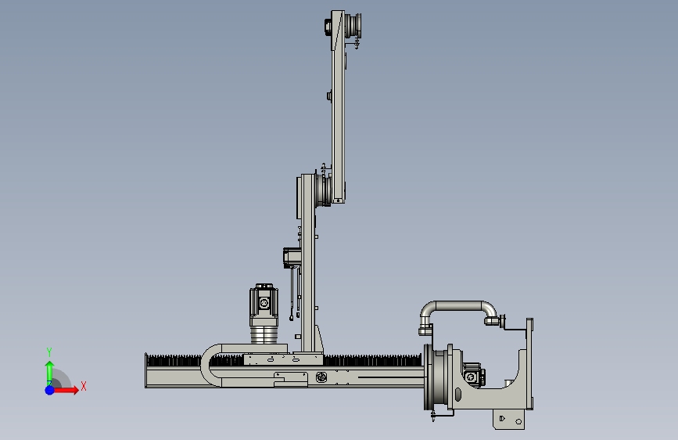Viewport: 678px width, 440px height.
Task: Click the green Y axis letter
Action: pyautogui.click(x=49, y=352)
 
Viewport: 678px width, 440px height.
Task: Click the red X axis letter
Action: pyautogui.click(x=84, y=386)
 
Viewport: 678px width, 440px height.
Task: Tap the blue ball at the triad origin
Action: pyautogui.click(x=50, y=390)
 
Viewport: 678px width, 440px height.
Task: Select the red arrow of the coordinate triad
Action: pyautogui.click(x=66, y=390)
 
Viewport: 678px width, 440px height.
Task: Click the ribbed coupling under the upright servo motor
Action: pyautogui.click(x=264, y=335)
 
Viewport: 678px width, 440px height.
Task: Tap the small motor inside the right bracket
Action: pyautogui.click(x=473, y=375)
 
